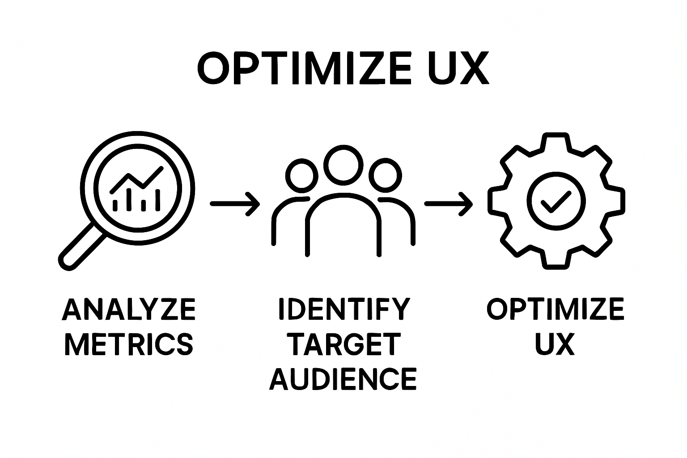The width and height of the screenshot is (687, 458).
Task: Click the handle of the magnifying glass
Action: (x=83, y=246)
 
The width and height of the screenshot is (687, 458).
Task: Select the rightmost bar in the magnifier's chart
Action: (x=157, y=200)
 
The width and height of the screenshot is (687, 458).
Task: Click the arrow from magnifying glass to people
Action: (x=234, y=204)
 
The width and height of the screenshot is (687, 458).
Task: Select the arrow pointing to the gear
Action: (x=448, y=204)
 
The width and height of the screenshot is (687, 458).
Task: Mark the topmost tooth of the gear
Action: (x=556, y=142)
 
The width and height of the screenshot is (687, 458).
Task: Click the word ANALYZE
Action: (x=129, y=310)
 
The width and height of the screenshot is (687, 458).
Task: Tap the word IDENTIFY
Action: (x=343, y=310)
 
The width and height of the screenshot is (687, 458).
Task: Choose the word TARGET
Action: (x=343, y=344)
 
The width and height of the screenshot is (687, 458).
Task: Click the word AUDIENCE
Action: (x=343, y=379)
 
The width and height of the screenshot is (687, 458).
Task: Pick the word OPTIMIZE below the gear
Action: (x=555, y=310)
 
